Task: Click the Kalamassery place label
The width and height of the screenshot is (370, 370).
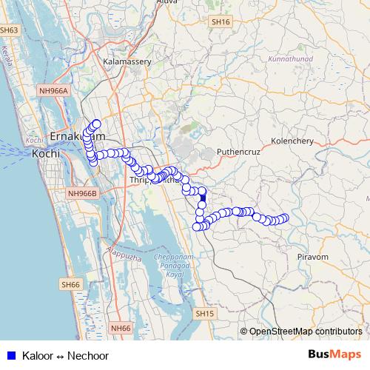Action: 128,62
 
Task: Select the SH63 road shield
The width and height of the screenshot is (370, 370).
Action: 9,30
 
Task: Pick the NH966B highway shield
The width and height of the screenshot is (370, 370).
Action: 81,193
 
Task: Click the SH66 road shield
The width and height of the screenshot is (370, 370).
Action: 70,284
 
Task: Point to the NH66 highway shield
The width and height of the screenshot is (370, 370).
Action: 120,327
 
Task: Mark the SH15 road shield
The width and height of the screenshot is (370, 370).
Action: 205,314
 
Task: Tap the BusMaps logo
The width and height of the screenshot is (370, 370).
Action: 335,355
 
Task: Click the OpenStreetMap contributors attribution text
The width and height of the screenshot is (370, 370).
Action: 306,332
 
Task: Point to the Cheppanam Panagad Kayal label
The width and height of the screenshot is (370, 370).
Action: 174,264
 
